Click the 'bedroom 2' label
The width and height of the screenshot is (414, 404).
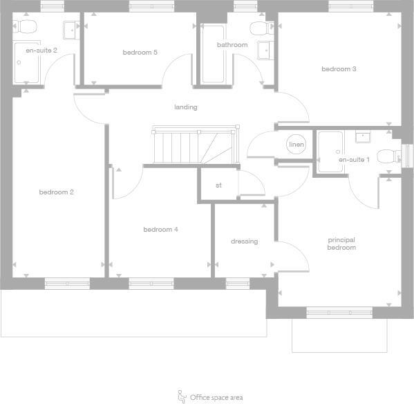click(x=57, y=192)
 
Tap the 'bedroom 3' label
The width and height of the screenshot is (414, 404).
click(x=339, y=69)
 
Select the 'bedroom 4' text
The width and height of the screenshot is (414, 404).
click(x=161, y=230)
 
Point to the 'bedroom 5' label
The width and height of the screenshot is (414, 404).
click(x=140, y=53)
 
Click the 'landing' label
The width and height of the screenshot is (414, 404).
click(x=186, y=107)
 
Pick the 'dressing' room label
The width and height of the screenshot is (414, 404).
click(x=244, y=241)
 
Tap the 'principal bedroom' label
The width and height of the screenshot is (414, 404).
click(x=341, y=244)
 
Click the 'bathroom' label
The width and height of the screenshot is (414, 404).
click(x=232, y=46)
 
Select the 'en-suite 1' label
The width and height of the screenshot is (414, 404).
click(x=354, y=160)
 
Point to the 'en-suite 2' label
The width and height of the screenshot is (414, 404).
click(x=41, y=50)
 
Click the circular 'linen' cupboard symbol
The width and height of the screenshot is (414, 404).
click(x=297, y=145)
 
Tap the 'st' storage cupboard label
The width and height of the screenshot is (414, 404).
click(x=218, y=185)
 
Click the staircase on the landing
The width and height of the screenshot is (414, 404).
click(x=194, y=146)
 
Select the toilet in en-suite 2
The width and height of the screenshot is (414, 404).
click(x=28, y=28)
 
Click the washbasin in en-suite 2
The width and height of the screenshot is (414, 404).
click(x=70, y=30)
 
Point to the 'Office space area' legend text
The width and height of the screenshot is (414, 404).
click(x=216, y=398)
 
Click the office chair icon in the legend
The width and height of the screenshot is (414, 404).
click(x=182, y=396)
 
